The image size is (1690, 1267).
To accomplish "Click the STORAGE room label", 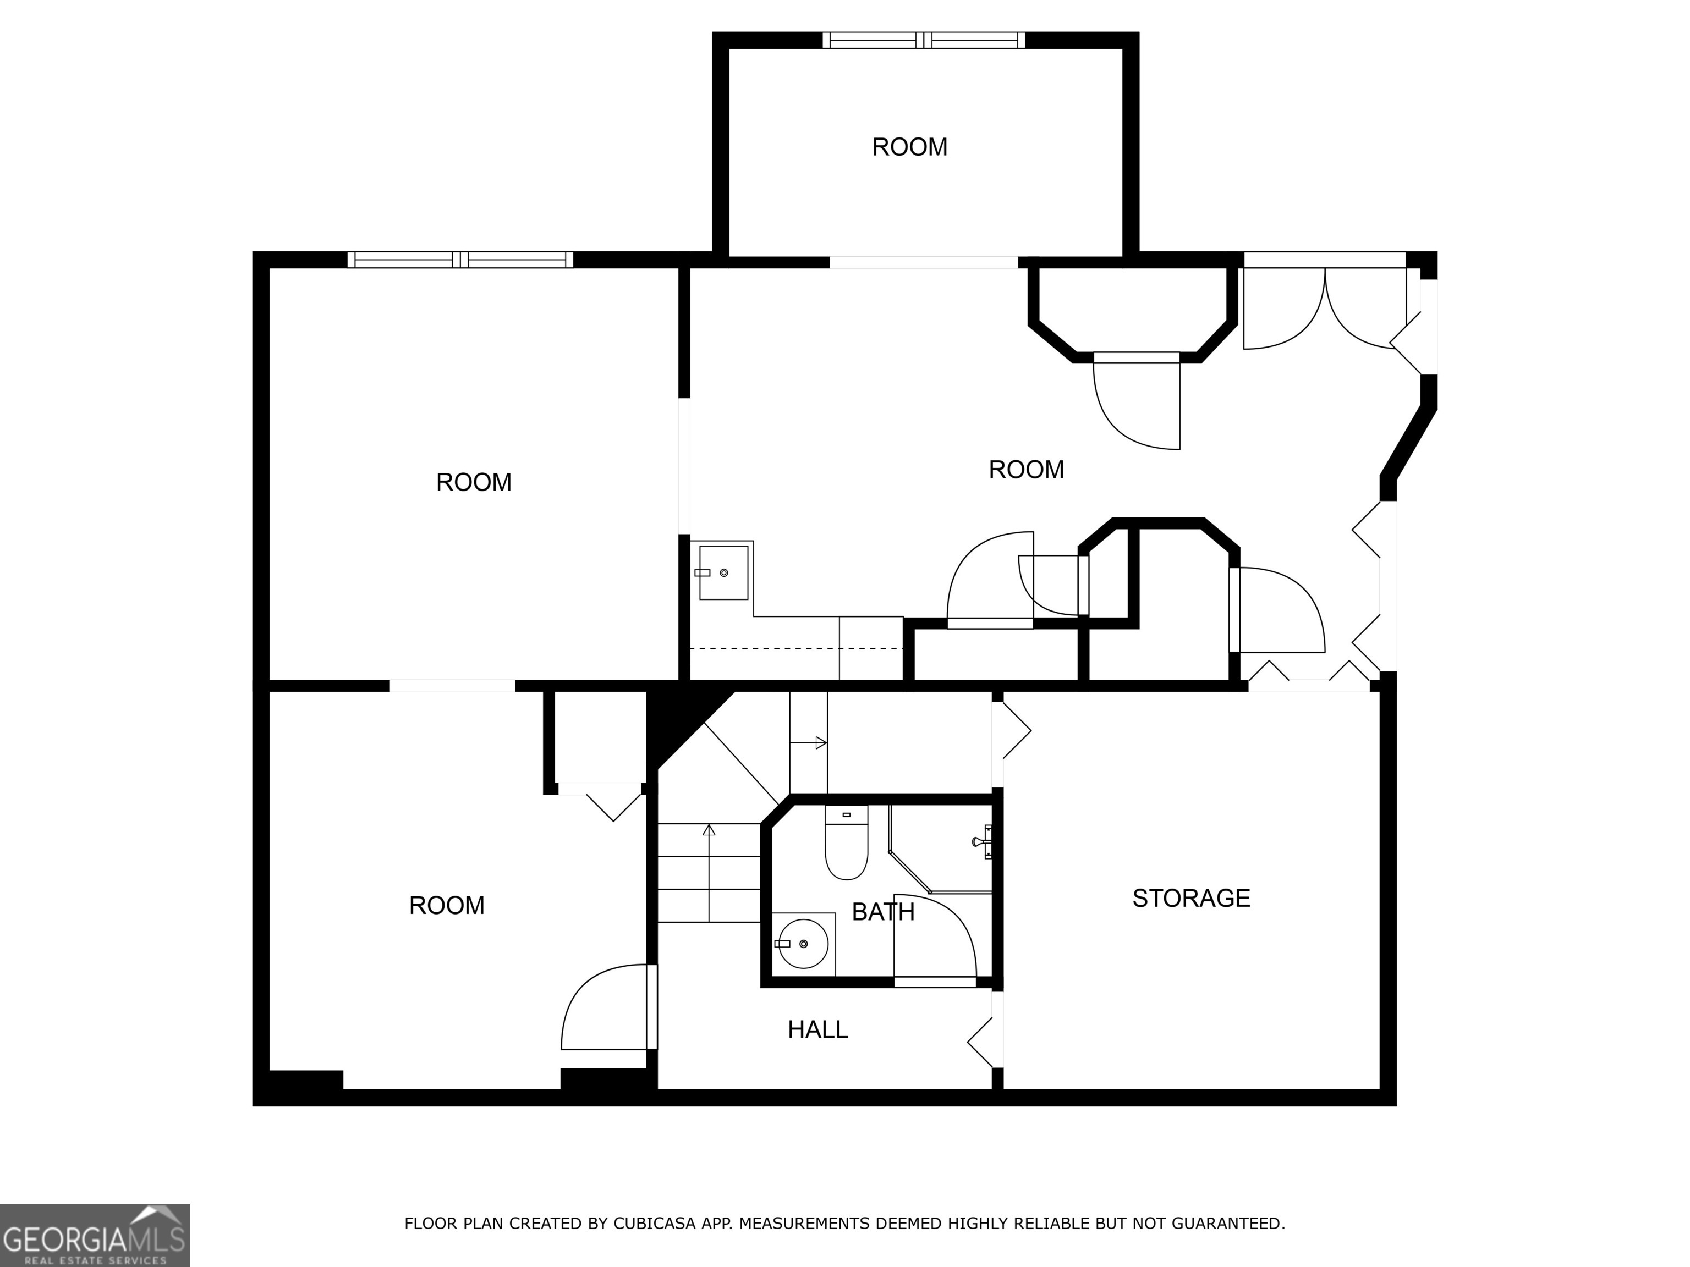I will (1190, 898).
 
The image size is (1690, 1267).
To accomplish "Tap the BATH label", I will (882, 912).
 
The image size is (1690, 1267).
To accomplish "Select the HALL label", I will (817, 1030).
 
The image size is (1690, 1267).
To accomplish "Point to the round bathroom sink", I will (802, 944).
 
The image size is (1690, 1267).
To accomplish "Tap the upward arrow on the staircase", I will (709, 831).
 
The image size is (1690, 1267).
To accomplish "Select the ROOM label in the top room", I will (909, 147).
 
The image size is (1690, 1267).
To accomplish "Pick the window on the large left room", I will (460, 260).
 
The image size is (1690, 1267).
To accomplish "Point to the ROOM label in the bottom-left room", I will (446, 906).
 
